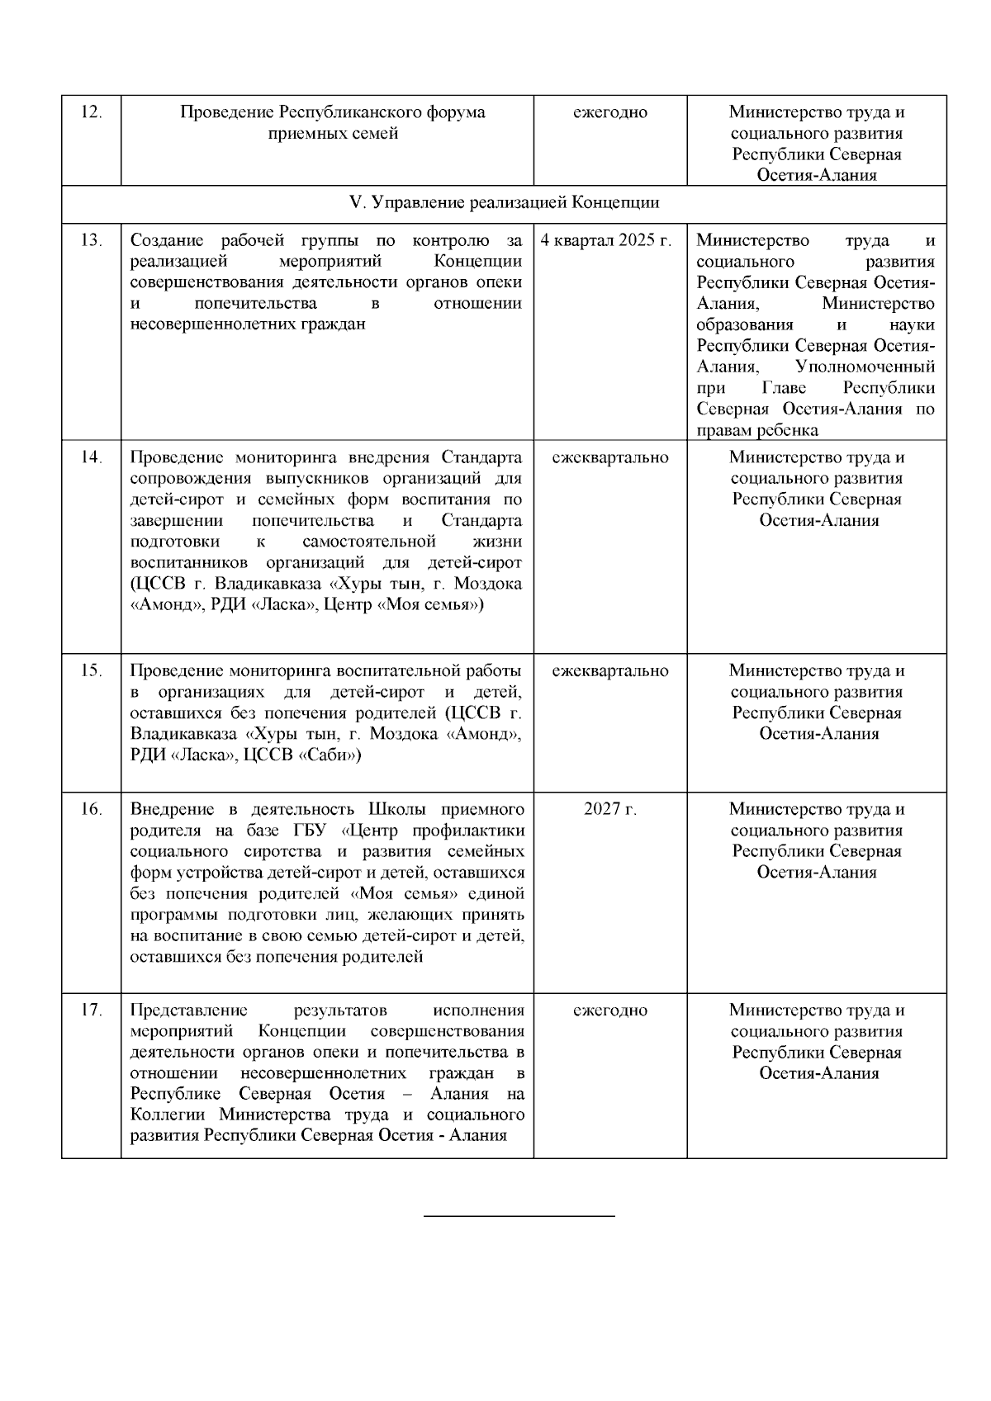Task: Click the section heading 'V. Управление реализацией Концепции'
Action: (505, 203)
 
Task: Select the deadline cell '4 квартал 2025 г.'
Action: (606, 240)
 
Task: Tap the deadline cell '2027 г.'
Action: (609, 809)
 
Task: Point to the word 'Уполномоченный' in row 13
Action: (865, 367)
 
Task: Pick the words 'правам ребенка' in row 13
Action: (757, 430)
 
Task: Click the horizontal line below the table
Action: (519, 1216)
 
